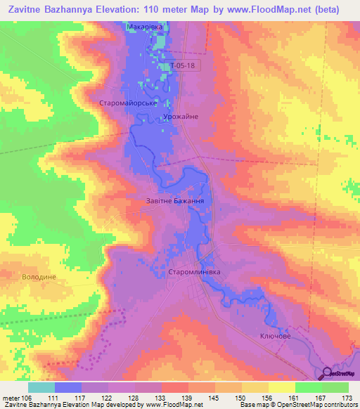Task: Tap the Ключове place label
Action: click(275, 337)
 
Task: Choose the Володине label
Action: click(38, 277)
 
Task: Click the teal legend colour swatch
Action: click(41, 387)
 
